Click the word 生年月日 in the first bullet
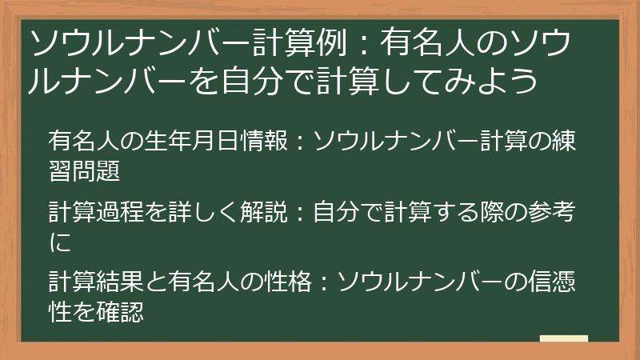191,141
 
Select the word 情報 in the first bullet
264,141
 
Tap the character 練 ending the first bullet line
564,141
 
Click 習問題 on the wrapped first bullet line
84,170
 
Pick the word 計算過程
96,212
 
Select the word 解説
264,212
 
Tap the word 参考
551,212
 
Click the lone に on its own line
60,242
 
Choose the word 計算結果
96,282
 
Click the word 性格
288,282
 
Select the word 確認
120,312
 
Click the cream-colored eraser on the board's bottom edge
564,338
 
